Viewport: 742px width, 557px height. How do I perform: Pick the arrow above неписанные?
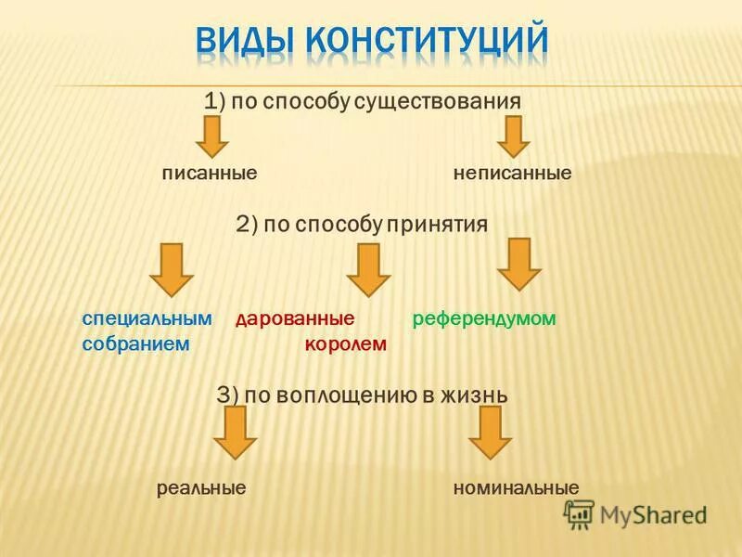513,136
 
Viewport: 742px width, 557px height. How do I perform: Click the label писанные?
210,174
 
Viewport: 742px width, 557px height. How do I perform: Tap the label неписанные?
512,174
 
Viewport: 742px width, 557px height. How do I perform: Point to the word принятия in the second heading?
438,224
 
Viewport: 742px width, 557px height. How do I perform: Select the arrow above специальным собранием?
172,269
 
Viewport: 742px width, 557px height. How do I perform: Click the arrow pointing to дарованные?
368,269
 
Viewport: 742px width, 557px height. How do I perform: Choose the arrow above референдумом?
518,265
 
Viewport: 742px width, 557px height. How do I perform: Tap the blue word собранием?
135,343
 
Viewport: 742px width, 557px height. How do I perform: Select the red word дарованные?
295,318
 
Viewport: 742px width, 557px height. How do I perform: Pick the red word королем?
345,344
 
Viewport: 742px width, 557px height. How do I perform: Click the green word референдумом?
483,318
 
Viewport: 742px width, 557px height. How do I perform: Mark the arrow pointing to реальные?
236,432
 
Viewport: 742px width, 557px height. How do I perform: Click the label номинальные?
516,488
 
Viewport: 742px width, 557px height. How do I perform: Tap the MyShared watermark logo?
635,513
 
